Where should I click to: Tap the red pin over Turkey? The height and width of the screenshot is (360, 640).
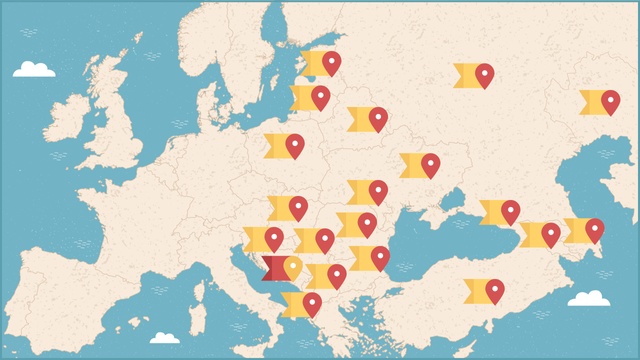[494, 289]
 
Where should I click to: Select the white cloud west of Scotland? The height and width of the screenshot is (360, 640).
[34, 69]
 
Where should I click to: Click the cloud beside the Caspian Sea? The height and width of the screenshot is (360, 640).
[588, 298]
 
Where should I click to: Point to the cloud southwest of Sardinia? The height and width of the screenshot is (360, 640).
[164, 338]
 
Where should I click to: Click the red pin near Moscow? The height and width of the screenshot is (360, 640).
[485, 74]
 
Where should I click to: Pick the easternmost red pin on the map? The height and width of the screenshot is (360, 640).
[610, 100]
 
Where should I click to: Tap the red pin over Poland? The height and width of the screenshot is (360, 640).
[294, 145]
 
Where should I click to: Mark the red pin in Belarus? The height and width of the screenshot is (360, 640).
[378, 118]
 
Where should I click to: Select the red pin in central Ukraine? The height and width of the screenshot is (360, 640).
[430, 164]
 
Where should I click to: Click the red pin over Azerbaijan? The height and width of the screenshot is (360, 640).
[594, 230]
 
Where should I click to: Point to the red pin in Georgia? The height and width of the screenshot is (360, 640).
[550, 233]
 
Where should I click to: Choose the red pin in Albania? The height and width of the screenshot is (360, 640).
[312, 303]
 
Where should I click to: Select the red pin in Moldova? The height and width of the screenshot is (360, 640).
[378, 190]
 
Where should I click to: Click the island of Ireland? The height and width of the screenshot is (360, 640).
[70, 118]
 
